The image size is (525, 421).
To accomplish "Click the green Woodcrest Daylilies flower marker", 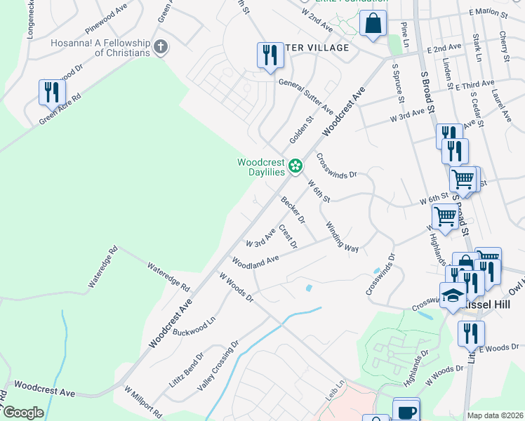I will (296, 166).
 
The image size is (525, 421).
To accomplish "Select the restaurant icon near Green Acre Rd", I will (52, 91).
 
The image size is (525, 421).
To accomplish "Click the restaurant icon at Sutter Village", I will (269, 55).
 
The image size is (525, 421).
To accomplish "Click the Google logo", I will (22, 413).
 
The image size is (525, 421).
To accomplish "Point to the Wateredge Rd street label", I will (168, 277).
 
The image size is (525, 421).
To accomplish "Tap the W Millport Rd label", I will (143, 401).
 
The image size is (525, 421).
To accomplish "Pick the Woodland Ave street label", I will (256, 261).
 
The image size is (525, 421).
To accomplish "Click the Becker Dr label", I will (293, 210).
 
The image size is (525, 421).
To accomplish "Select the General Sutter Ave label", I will (306, 97).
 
